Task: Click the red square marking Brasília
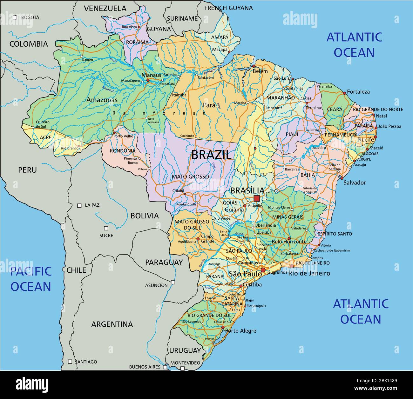pos(257,198)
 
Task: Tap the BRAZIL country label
pos(211,155)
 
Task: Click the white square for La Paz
pos(79,205)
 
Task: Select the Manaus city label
pos(151,75)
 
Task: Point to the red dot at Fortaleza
pos(344,93)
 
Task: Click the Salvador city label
pos(355,183)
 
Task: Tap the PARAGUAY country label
pos(164,262)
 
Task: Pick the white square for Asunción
pos(173,282)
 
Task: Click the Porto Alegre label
pos(240,331)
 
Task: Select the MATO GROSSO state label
pos(190,176)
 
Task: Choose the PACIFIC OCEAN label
pos(30,279)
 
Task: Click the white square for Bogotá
pos(15,17)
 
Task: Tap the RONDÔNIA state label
pos(123,151)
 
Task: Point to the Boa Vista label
pos(129,27)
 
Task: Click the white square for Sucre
pos(106,228)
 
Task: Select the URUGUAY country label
pos(185,350)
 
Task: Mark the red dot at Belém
pos(254,66)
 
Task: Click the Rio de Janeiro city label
pos(309,273)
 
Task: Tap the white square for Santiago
pos(70,362)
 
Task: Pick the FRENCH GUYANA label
pos(228,8)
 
